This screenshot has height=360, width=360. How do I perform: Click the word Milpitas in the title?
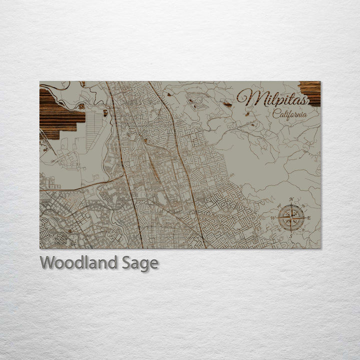[x=272, y=97]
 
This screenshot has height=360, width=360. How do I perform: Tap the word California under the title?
[x=290, y=114]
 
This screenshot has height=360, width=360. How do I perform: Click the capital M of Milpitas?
[x=247, y=97]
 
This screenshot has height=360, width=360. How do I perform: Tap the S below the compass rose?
[x=291, y=235]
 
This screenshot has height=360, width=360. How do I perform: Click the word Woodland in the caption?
[x=79, y=262]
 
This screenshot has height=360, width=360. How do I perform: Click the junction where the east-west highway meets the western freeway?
[x=123, y=176]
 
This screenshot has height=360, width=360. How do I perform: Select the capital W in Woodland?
[x=47, y=262]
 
